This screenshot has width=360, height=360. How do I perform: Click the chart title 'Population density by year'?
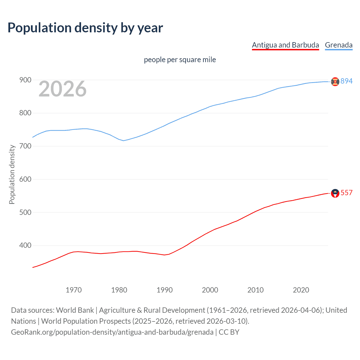(85, 28)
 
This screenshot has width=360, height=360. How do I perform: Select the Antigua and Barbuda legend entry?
(285, 45)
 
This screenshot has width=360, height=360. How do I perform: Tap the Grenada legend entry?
(339, 45)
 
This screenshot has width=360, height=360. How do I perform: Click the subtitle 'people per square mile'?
(180, 60)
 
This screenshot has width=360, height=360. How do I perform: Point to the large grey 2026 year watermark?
(62, 89)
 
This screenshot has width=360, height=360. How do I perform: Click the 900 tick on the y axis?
(25, 80)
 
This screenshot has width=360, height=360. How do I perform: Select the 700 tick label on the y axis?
(25, 146)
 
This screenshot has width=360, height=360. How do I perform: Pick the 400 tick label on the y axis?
(25, 246)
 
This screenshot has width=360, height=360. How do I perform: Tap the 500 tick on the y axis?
(25, 212)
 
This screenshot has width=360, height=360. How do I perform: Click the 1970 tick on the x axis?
(74, 290)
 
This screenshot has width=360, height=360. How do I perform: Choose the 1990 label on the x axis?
(165, 290)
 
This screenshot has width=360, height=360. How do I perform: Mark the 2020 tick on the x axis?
(301, 290)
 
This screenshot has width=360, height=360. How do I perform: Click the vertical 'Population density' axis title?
(12, 174)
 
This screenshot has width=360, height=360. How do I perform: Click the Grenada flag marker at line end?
(335, 82)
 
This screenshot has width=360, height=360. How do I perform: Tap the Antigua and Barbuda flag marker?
(335, 193)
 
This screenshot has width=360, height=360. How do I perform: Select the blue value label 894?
(346, 81)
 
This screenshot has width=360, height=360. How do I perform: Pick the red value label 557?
(346, 193)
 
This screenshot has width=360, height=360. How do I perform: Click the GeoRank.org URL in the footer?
(112, 332)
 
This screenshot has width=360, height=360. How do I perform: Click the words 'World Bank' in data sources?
(75, 310)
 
